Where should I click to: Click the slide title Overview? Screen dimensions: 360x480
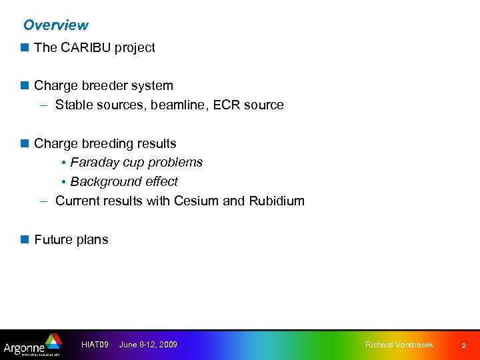(55, 25)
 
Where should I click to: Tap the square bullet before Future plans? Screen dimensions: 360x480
(25, 239)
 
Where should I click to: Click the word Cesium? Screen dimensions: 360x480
(196, 201)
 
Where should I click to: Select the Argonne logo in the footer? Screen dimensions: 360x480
(31, 345)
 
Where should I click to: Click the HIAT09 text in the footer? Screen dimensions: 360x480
(94, 345)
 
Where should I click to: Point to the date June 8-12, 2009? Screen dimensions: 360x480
(148, 345)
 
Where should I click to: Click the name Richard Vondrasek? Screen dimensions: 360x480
(399, 345)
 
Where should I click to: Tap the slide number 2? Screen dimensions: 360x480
(464, 345)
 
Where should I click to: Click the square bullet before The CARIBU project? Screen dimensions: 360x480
(25, 47)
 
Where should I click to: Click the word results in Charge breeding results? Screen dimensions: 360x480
(155, 144)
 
